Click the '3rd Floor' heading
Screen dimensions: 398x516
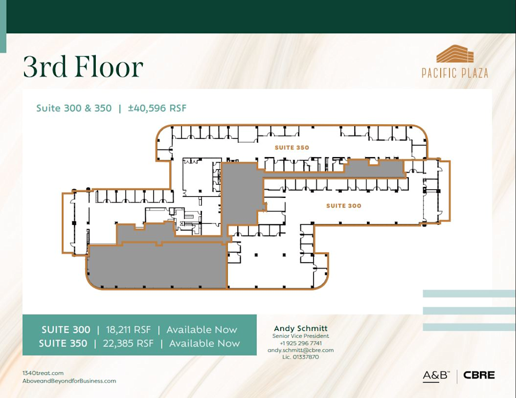tap(83, 67)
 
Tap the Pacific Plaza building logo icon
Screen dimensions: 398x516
tap(455, 55)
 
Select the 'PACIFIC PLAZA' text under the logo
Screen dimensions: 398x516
tap(455, 73)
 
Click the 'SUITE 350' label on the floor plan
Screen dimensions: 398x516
tap(292, 147)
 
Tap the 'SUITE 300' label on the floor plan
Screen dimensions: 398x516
tap(343, 205)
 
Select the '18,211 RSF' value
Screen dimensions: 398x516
tap(131, 330)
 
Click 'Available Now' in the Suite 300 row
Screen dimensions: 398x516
tap(201, 330)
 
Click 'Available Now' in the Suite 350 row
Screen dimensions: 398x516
tap(204, 344)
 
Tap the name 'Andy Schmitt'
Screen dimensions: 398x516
tap(300, 329)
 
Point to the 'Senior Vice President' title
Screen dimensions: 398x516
tap(300, 336)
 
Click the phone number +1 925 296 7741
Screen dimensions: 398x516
tap(300, 343)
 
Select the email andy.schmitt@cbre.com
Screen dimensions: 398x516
tap(300, 350)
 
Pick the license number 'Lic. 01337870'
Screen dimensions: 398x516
tap(300, 357)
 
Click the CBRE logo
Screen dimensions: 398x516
tap(479, 376)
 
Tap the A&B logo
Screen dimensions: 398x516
tap(436, 376)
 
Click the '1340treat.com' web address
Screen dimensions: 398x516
tap(43, 373)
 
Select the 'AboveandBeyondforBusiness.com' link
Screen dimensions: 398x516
tap(69, 381)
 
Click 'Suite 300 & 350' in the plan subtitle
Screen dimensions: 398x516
tap(74, 108)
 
